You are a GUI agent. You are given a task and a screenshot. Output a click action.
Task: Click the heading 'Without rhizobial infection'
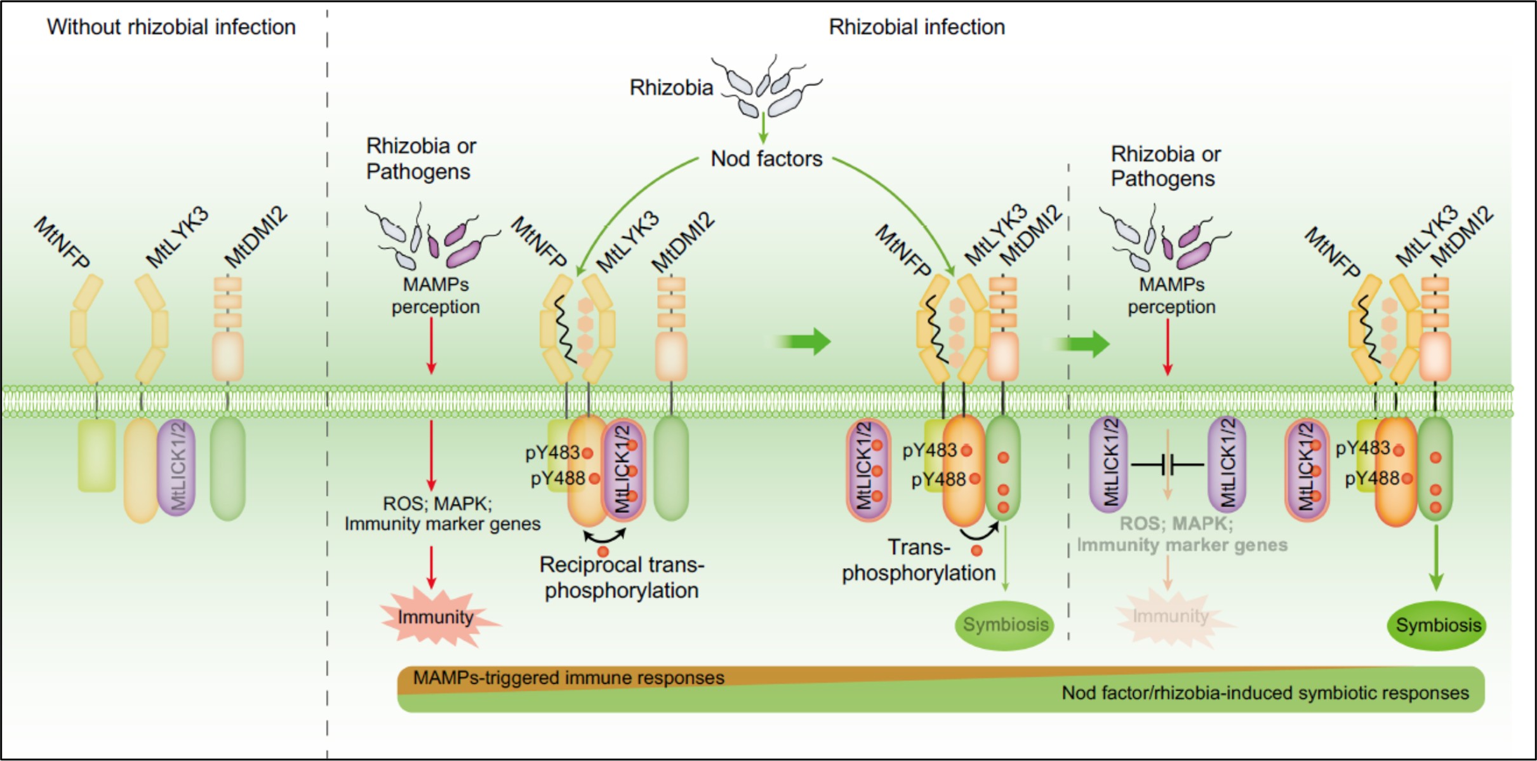coord(171,27)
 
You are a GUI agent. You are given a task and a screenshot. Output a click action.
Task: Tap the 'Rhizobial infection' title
coord(916,27)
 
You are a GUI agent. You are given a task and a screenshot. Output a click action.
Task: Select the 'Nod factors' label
coord(766,158)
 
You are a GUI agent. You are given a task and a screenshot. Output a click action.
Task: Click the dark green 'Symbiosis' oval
coord(1437,626)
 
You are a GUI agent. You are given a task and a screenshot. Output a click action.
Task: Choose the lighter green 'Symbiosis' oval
coord(1004,625)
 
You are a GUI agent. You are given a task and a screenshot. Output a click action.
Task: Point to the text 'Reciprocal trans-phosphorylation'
coord(622,577)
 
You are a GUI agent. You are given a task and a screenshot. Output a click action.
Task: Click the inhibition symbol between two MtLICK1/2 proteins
coord(1168,465)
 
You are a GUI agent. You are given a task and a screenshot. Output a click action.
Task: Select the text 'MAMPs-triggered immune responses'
coord(568,678)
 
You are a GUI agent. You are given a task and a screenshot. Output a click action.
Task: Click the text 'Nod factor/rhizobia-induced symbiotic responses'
coord(1265,693)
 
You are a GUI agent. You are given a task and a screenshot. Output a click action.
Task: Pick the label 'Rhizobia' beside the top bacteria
coord(671,88)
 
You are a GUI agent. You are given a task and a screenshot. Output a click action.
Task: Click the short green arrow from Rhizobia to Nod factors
coord(763,128)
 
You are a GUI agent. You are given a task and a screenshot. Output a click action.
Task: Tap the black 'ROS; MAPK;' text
coord(437,504)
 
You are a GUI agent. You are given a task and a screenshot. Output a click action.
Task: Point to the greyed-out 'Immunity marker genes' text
coord(1182,545)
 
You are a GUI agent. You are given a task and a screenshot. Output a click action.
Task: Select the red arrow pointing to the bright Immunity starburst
coord(432,567)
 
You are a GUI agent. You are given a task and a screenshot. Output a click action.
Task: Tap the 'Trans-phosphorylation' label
coord(918,560)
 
